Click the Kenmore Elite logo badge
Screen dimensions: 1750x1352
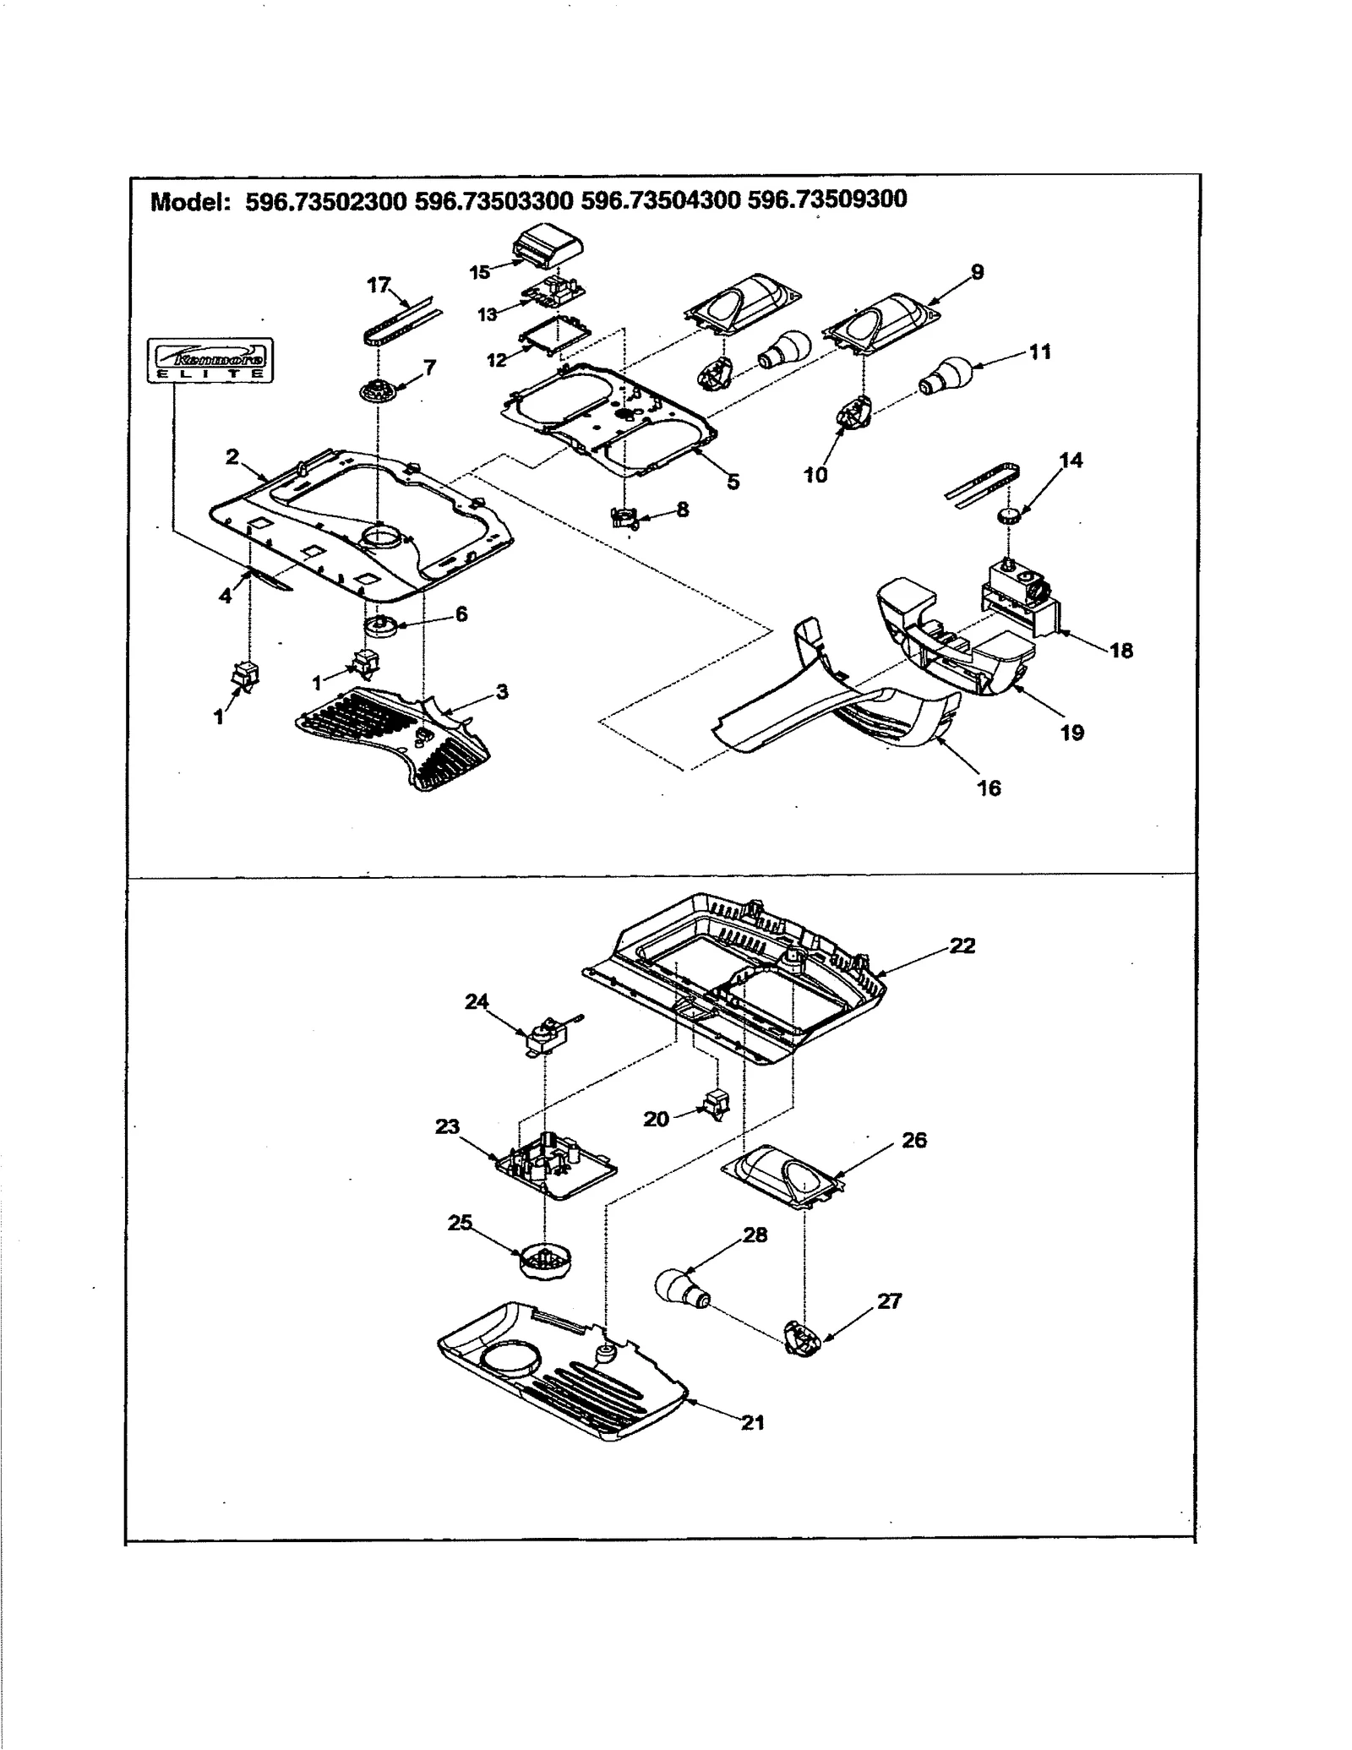pyautogui.click(x=210, y=361)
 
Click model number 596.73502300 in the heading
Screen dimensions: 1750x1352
pyautogui.click(x=325, y=201)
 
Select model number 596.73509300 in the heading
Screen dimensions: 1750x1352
pyautogui.click(x=827, y=199)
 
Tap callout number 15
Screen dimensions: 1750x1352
pyautogui.click(x=479, y=272)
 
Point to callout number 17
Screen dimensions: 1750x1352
pyautogui.click(x=378, y=285)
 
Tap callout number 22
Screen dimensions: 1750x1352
pyautogui.click(x=962, y=946)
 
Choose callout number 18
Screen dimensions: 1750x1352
pyautogui.click(x=1120, y=651)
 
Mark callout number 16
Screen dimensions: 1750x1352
pyautogui.click(x=989, y=788)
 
